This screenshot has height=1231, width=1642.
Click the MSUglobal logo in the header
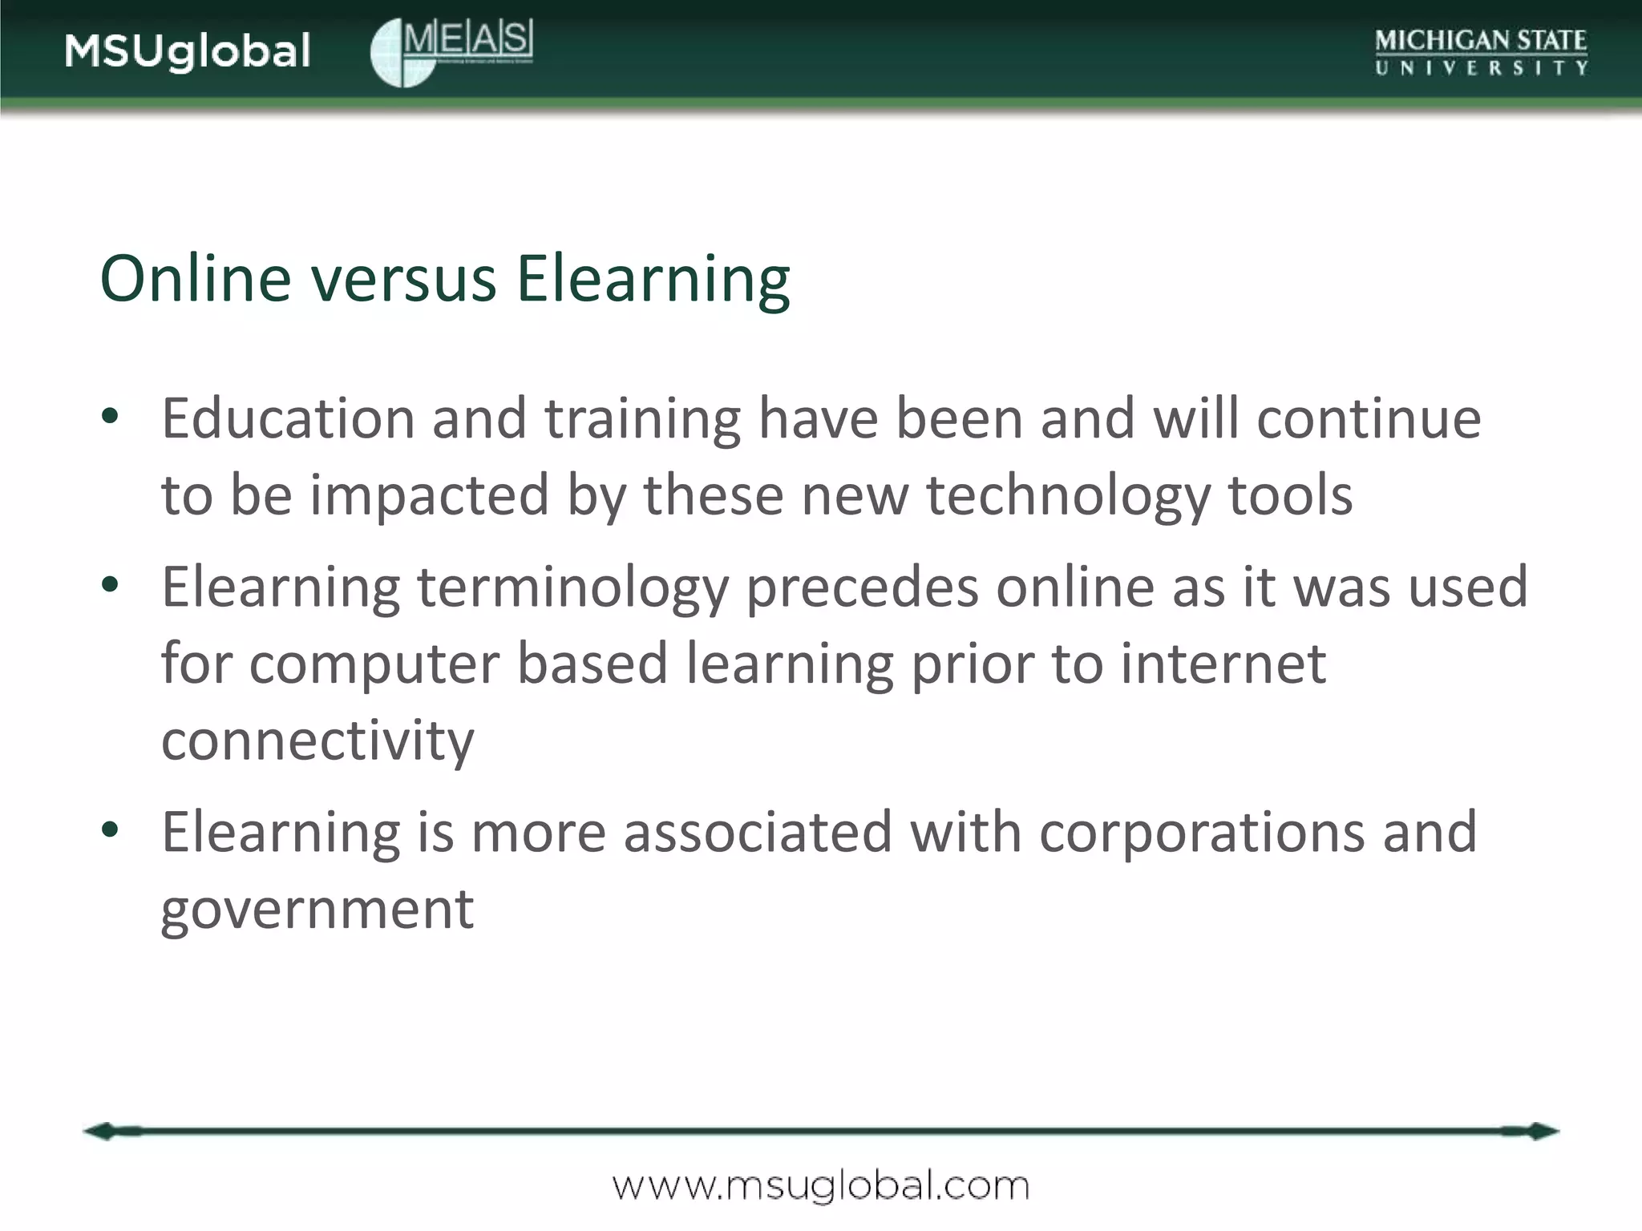(187, 51)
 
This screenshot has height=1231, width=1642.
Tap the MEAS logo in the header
(451, 51)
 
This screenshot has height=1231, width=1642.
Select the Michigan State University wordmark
(1481, 51)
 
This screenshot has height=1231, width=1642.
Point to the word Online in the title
(195, 279)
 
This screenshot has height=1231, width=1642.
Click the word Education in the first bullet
(288, 418)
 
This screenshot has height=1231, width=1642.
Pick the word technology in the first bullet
(1068, 495)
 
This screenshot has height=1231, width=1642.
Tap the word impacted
(430, 495)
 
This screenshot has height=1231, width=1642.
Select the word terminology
(573, 588)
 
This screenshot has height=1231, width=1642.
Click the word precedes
(863, 588)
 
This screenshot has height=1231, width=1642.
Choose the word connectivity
(317, 741)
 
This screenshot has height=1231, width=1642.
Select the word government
(317, 910)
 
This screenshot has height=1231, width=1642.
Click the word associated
(758, 832)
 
